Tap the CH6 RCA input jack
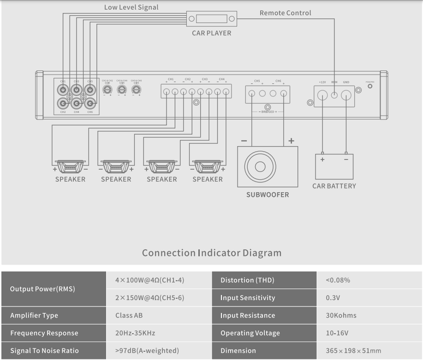tap(89, 102)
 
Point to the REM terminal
tap(334, 95)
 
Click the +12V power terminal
tap(323, 95)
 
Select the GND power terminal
tap(346, 95)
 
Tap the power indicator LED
tap(370, 87)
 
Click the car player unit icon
tap(211, 19)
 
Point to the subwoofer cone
tap(261, 166)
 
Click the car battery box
tap(334, 166)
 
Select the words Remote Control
tap(285, 13)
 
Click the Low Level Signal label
tap(131, 7)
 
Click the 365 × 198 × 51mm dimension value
tap(353, 351)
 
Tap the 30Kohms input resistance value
tap(341, 316)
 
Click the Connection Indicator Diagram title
tap(211, 253)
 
